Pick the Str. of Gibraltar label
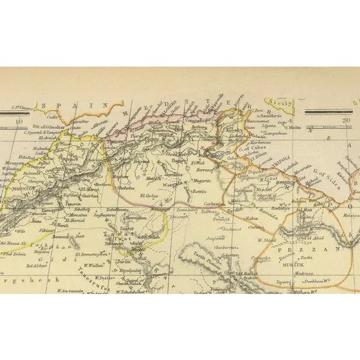[53, 125]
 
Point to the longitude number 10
[20, 122]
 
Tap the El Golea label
[150, 195]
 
